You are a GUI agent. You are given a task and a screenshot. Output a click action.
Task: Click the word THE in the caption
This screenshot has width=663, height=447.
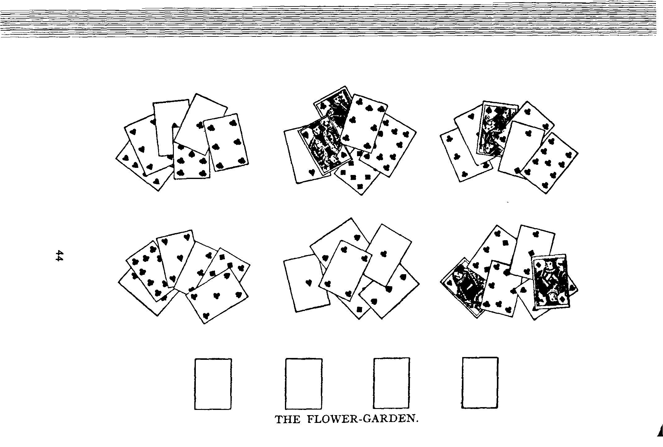[x=288, y=419]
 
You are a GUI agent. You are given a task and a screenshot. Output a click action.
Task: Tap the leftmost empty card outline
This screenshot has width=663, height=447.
[x=213, y=384]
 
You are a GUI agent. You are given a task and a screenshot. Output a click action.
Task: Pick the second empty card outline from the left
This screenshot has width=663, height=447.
[x=304, y=384]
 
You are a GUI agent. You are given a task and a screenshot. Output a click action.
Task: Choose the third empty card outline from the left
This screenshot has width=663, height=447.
[x=391, y=383]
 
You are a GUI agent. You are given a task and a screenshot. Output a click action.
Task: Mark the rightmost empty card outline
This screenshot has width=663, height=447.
[x=480, y=383]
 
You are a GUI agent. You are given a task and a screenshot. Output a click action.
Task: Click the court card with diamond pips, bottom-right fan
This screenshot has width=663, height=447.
[x=550, y=281]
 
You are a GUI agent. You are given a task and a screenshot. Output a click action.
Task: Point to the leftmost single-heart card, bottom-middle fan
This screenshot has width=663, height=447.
[x=306, y=283]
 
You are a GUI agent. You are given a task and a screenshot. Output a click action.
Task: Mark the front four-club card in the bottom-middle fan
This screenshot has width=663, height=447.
[x=345, y=270]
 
